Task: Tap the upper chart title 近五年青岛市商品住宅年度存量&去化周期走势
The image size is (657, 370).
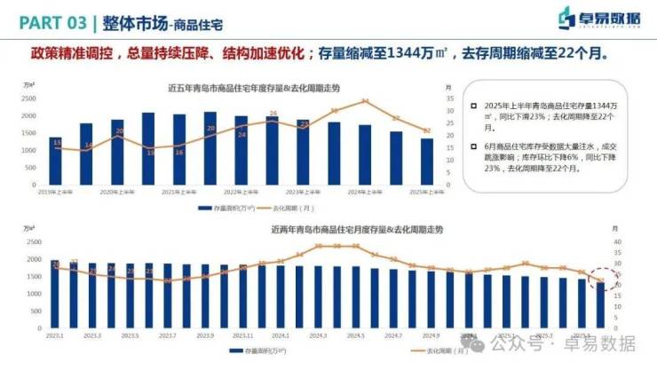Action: click(x=253, y=88)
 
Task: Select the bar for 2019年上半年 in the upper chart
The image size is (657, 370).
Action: click(x=55, y=161)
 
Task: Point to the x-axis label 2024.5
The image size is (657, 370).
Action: click(x=356, y=335)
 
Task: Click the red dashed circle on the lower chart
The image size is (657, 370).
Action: click(x=603, y=280)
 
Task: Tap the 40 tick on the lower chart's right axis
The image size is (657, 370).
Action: click(x=618, y=241)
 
